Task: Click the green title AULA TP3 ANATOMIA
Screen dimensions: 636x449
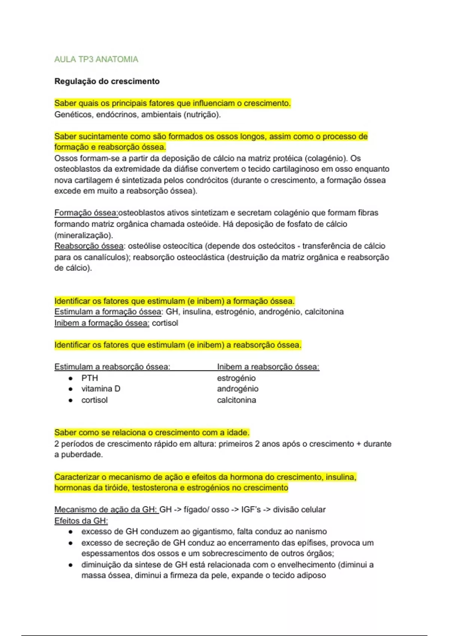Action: tap(96, 59)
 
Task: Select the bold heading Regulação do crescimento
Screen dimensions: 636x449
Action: tap(107, 81)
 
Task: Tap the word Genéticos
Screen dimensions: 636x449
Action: tap(73, 114)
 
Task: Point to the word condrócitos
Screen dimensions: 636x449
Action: tap(207, 180)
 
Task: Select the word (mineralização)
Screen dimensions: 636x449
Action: tap(83, 235)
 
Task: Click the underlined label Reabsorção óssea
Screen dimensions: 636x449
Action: tap(89, 246)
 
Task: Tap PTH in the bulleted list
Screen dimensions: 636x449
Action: tap(89, 378)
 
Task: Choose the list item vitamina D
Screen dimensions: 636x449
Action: tap(101, 389)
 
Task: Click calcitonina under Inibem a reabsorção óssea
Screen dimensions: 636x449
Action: tap(236, 400)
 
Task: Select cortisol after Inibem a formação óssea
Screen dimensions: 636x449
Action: tap(165, 323)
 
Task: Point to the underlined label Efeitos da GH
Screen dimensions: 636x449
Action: tap(81, 521)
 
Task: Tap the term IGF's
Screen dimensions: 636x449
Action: tap(251, 510)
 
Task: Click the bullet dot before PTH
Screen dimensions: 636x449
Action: tap(70, 378)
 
